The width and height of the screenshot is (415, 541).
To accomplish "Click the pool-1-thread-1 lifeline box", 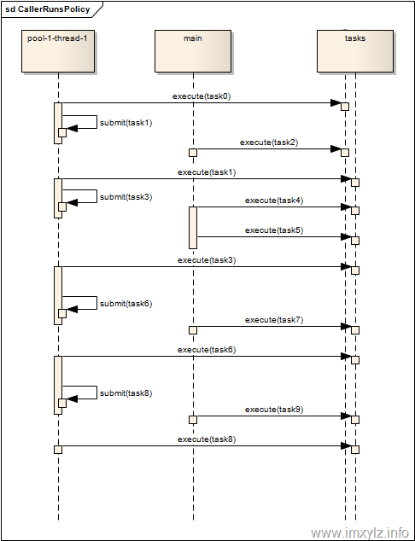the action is pos(58,51).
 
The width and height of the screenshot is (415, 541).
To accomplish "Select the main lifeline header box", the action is pos(193,51).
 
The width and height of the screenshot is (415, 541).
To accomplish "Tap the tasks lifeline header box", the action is pos(355,51).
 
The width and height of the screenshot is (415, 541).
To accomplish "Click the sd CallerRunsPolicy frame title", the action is pos(48,9).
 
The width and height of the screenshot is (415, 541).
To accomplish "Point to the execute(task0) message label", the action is pos(202,96).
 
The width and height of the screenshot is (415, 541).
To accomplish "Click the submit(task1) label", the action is pos(126,123).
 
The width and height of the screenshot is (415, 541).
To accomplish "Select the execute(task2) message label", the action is pos(269,143).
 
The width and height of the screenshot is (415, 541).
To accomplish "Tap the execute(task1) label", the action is pos(207,172).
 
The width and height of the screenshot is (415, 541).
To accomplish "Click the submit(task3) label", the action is pos(126,197).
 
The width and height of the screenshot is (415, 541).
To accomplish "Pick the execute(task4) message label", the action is pos(274,201).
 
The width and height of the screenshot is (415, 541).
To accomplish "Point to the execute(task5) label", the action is pos(274,230).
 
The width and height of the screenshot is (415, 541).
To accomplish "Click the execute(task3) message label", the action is pos(207,260).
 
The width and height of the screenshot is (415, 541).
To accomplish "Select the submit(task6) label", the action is pos(126,304).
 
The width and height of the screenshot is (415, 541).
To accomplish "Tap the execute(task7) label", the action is pos(274,320).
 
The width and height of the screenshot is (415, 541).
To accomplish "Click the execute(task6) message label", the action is pos(207,350).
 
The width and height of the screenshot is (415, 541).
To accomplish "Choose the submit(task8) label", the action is pos(126,393).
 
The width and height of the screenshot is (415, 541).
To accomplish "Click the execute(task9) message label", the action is pos(274,410).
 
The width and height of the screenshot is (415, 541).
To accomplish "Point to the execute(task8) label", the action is pos(207,439).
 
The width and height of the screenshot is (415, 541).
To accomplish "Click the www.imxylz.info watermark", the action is pos(359,532).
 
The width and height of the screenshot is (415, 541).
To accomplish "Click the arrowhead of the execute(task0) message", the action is pos(336,102).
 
